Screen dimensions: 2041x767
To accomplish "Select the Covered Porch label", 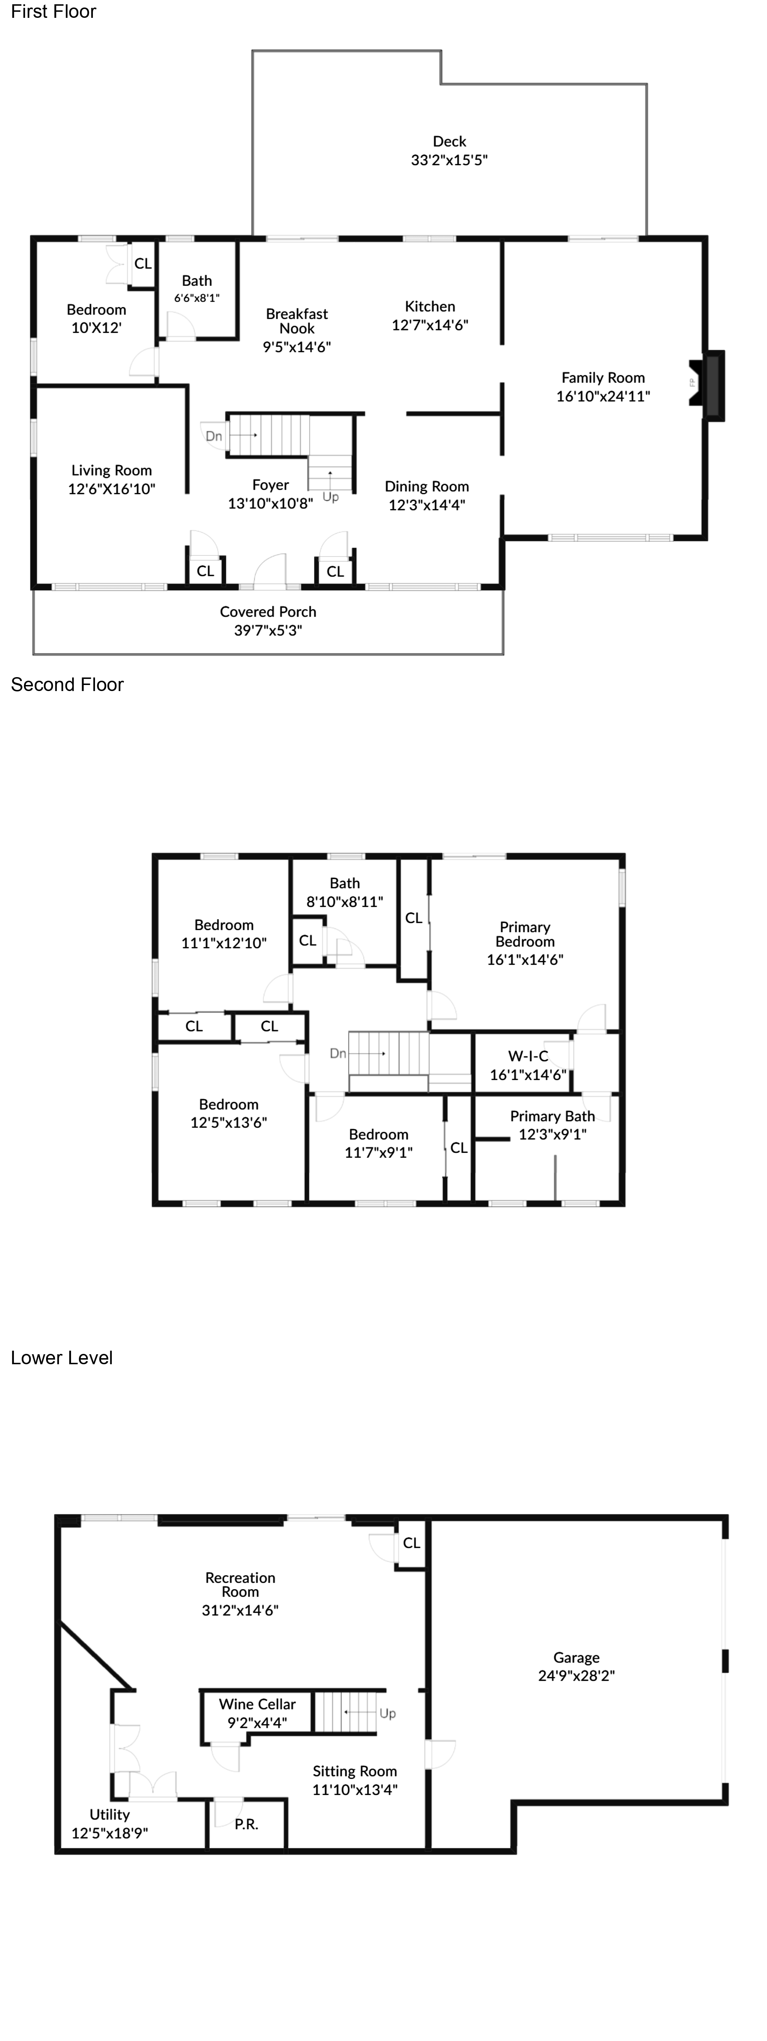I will [268, 612].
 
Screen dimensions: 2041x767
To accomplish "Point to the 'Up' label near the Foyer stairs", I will [330, 497].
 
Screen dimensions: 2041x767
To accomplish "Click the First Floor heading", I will [53, 12].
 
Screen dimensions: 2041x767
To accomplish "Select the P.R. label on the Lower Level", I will [246, 1824].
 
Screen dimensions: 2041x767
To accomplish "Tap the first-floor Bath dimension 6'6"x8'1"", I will [196, 298].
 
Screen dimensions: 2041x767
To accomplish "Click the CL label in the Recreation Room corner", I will [411, 1543].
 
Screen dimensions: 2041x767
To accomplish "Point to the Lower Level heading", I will [62, 1358].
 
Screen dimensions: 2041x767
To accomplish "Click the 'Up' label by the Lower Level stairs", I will [387, 1713].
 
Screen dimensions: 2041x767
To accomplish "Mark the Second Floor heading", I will [67, 685].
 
